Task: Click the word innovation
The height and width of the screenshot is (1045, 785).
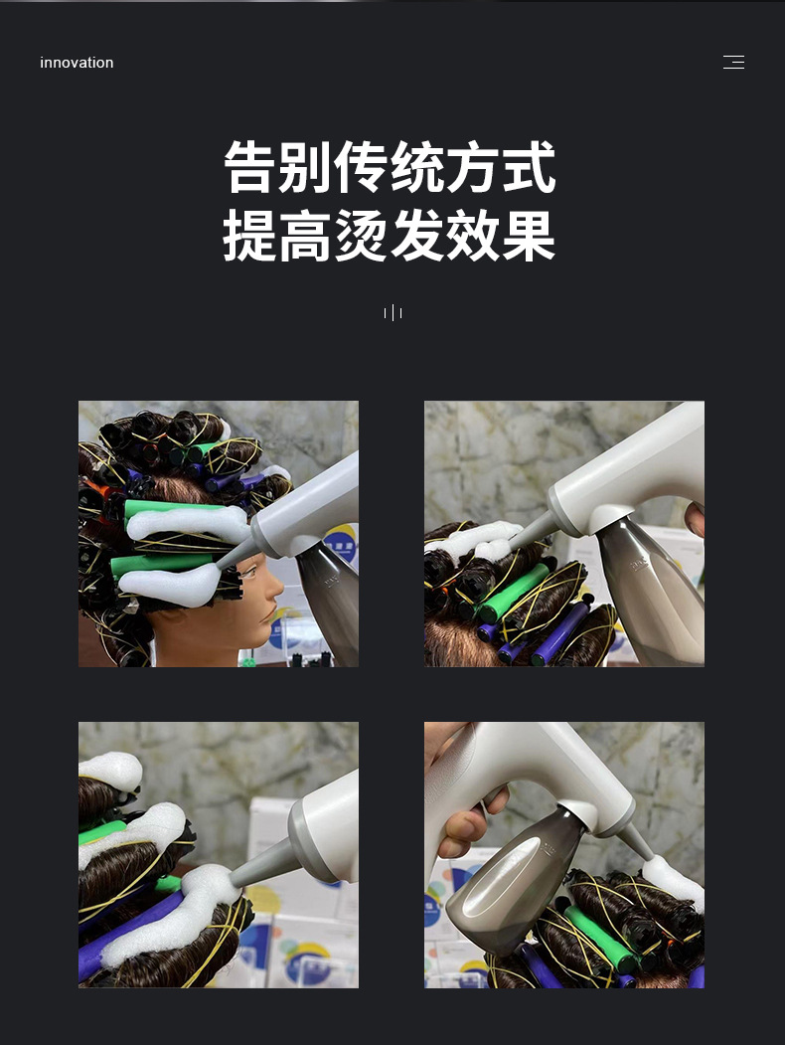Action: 77,63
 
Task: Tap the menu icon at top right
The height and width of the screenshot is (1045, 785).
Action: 733,62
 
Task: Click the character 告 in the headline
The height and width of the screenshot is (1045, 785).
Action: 249,167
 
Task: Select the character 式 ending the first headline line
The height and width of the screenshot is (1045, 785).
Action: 530,167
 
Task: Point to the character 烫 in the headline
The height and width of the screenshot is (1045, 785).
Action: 361,236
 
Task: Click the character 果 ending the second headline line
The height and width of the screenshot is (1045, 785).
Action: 530,236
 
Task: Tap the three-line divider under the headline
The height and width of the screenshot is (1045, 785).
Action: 392,312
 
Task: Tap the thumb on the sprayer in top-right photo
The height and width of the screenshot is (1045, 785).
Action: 695,518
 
